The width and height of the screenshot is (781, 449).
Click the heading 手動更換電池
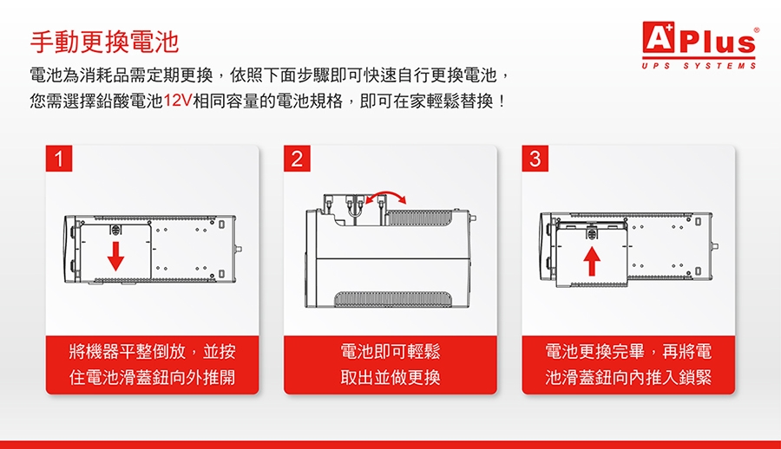coord(104,42)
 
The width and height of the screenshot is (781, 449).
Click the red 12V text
coord(177,101)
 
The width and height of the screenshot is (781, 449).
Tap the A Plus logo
coord(699,38)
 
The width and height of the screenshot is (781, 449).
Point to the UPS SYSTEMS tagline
coord(699,66)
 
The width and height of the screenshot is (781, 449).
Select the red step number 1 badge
coord(59,159)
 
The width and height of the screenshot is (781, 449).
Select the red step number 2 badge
coord(297,159)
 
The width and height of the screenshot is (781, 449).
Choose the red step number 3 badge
coord(535,159)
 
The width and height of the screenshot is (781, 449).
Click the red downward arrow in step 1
coord(115,256)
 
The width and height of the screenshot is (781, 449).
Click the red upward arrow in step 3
coord(592,260)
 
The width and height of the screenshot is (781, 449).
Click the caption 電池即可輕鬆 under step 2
coord(390,351)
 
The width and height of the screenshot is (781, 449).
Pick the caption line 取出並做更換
coord(390,377)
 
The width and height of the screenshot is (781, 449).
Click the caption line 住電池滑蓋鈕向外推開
coord(153,377)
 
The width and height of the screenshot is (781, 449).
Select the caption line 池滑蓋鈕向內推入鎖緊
coord(628,377)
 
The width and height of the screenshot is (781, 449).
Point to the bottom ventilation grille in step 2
coord(393,299)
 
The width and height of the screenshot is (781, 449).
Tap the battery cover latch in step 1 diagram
coord(115,231)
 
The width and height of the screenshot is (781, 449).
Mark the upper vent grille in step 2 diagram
coord(420,218)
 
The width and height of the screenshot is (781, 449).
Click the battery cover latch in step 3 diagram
coord(592,233)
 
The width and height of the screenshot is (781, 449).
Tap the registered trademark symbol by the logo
coord(757,30)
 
